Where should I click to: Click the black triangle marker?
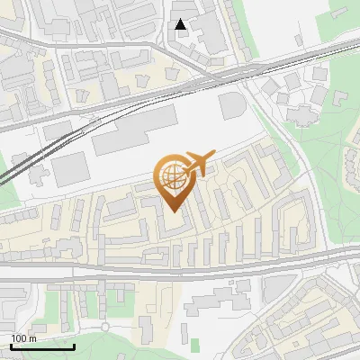182,24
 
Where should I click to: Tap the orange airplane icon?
197,164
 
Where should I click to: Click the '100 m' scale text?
24,338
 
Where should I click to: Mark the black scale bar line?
42,346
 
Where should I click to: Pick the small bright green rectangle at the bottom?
195,343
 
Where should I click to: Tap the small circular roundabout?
104,328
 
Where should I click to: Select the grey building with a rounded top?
232,106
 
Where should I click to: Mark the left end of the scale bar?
11,346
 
